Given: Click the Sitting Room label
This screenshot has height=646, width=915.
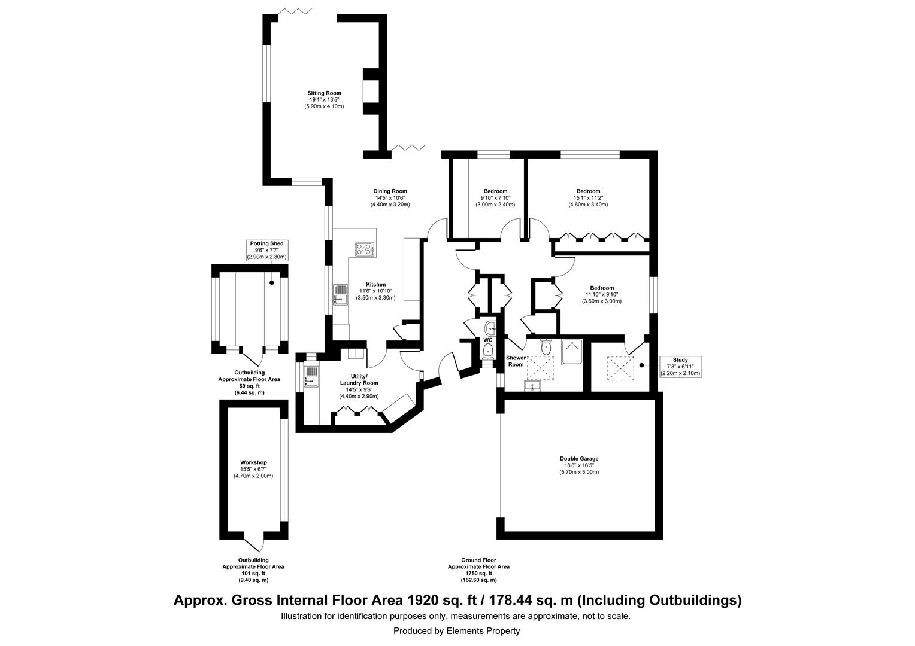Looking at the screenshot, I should pyautogui.click(x=324, y=93).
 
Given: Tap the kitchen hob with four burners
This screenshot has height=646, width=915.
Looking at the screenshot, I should pyautogui.click(x=364, y=249).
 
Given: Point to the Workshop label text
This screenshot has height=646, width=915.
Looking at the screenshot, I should pyautogui.click(x=253, y=462).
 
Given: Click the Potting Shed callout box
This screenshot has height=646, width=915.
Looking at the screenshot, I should pyautogui.click(x=267, y=250).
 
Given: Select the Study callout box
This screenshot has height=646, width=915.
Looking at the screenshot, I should pyautogui.click(x=680, y=367).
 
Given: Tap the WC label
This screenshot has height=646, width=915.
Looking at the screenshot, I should pyautogui.click(x=488, y=340).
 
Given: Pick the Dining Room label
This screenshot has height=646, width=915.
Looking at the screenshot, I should pyautogui.click(x=390, y=191).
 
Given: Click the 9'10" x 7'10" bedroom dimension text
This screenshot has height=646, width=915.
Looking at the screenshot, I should pyautogui.click(x=495, y=198).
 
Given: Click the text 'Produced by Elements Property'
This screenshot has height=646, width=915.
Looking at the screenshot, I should pyautogui.click(x=456, y=631).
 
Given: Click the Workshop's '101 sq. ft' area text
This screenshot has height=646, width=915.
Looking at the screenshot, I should pyautogui.click(x=253, y=573).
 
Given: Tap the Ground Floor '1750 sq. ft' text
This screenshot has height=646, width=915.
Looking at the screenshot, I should pyautogui.click(x=478, y=573).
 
